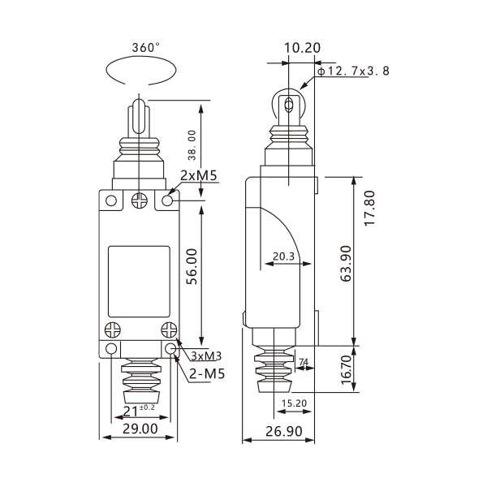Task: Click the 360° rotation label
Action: (145, 48)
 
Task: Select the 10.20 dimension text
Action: (302, 48)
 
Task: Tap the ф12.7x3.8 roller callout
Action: (353, 71)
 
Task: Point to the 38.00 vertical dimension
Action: (192, 145)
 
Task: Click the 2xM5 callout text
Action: (199, 176)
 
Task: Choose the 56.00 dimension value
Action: (192, 266)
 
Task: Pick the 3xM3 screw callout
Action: (206, 356)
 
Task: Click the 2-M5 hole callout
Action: (207, 373)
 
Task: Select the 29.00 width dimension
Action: (140, 429)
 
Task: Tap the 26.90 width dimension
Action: (284, 432)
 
